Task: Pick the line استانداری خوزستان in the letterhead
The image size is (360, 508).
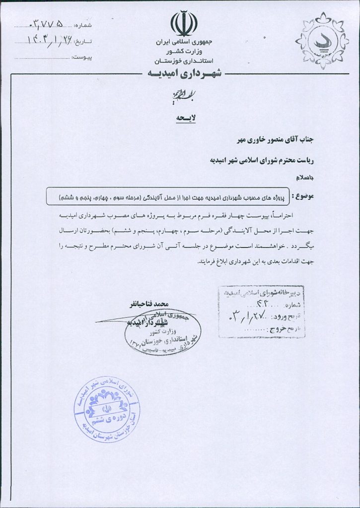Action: pyautogui.click(x=184, y=61)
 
